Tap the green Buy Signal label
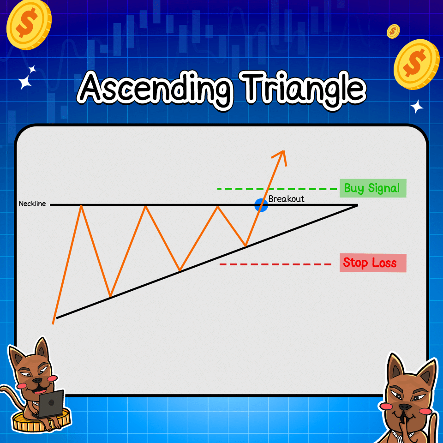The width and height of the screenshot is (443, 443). (x=372, y=188)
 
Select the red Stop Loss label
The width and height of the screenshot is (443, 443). (x=372, y=263)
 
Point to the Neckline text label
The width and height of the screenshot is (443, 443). (x=32, y=204)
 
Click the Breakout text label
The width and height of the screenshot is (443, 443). (x=286, y=199)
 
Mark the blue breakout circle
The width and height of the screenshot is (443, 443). (x=261, y=205)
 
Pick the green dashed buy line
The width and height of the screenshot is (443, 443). (x=277, y=189)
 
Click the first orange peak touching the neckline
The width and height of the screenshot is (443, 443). (x=82, y=206)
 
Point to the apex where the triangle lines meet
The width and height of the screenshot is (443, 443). (x=357, y=205)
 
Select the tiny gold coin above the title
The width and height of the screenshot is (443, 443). (x=393, y=31)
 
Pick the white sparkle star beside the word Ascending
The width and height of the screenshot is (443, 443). (x=28, y=78)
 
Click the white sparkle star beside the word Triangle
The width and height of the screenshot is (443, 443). (x=417, y=107)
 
